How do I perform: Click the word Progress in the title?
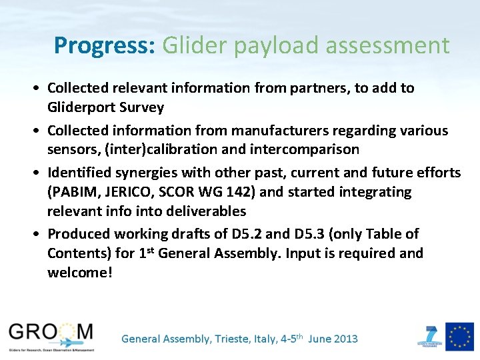pyautogui.click(x=104, y=45)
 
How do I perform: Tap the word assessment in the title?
pyautogui.click(x=388, y=45)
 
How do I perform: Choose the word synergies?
pyautogui.click(x=145, y=173)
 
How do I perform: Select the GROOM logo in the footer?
pyautogui.click(x=51, y=335)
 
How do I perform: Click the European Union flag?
pyautogui.click(x=459, y=337)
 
